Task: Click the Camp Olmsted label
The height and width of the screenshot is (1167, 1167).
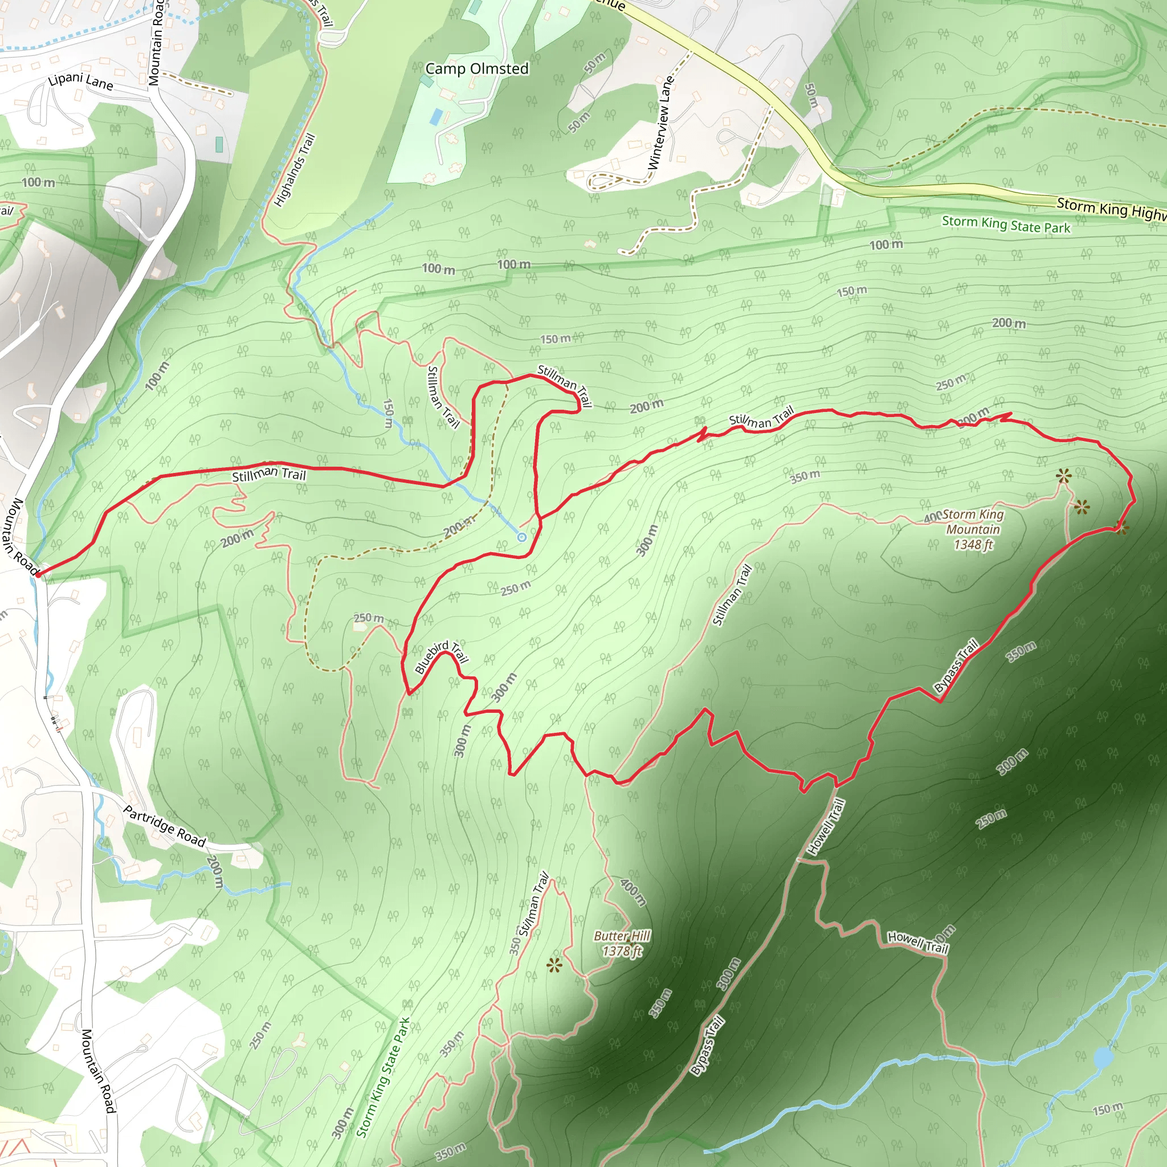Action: click(476, 69)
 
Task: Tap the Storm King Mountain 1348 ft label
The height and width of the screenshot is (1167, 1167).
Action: click(973, 530)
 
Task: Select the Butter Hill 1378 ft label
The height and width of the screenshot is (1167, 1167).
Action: click(622, 944)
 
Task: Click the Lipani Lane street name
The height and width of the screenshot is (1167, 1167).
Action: click(81, 81)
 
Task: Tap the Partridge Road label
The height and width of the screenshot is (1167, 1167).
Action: click(164, 826)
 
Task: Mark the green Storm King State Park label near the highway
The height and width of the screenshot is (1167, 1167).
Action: click(1006, 225)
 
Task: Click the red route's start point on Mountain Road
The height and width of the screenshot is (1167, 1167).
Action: click(38, 574)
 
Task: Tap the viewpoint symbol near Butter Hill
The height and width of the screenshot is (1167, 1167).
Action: click(553, 965)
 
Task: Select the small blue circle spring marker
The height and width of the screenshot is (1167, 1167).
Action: click(522, 537)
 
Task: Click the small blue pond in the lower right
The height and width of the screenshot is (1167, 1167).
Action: click(1103, 1058)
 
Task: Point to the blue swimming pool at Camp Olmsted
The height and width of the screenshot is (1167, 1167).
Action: click(435, 117)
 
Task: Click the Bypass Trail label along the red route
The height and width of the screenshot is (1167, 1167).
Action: click(956, 666)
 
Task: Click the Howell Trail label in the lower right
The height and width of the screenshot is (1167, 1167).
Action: click(917, 942)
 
